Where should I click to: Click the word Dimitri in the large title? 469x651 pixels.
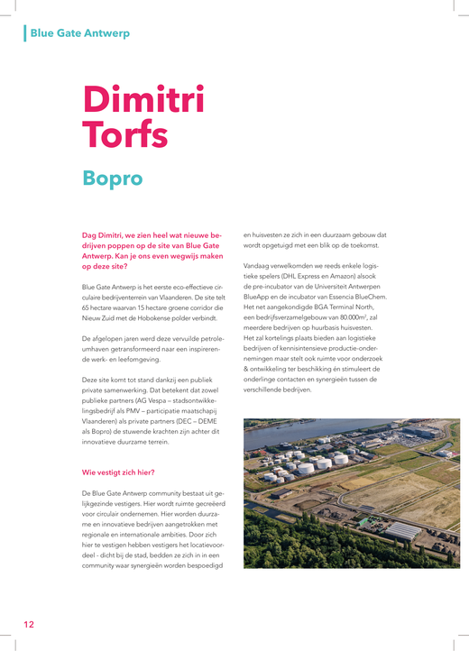143,99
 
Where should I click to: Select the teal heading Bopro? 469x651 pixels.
112,178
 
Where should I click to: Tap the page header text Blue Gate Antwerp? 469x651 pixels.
79,33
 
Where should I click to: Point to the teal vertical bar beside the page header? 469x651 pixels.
25,33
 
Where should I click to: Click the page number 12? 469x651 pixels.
29,624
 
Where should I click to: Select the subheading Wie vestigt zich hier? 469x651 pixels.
117,472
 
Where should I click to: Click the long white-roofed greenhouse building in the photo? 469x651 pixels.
397,532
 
